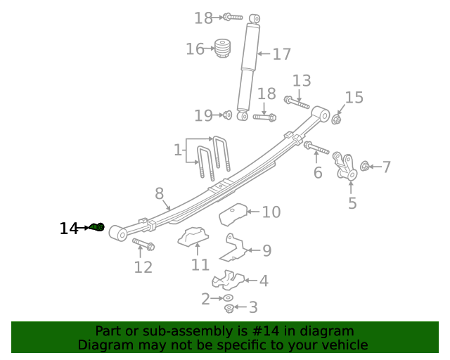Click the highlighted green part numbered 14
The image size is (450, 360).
98,227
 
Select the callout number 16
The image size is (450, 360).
195,49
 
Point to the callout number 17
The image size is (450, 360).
281,54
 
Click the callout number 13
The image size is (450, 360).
301,80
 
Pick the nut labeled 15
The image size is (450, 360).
336,119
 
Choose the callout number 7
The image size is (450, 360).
386,167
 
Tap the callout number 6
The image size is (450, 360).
318,173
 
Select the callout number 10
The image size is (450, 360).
271,212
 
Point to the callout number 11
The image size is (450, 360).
200,264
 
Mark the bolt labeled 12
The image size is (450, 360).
144,245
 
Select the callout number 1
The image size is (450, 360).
177,150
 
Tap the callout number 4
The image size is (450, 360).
263,281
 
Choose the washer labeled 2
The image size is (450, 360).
229,298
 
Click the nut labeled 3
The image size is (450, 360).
229,308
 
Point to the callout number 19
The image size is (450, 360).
203,115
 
